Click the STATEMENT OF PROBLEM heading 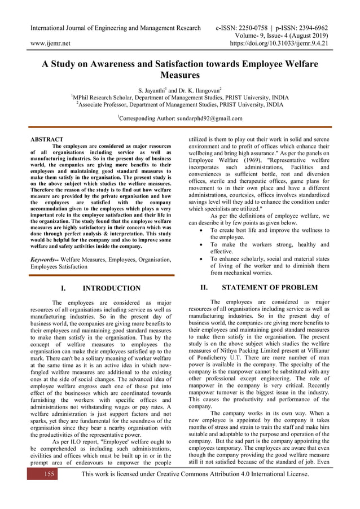tap(270, 288)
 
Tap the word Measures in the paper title tap(180, 74)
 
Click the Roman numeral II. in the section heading tap(206, 288)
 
